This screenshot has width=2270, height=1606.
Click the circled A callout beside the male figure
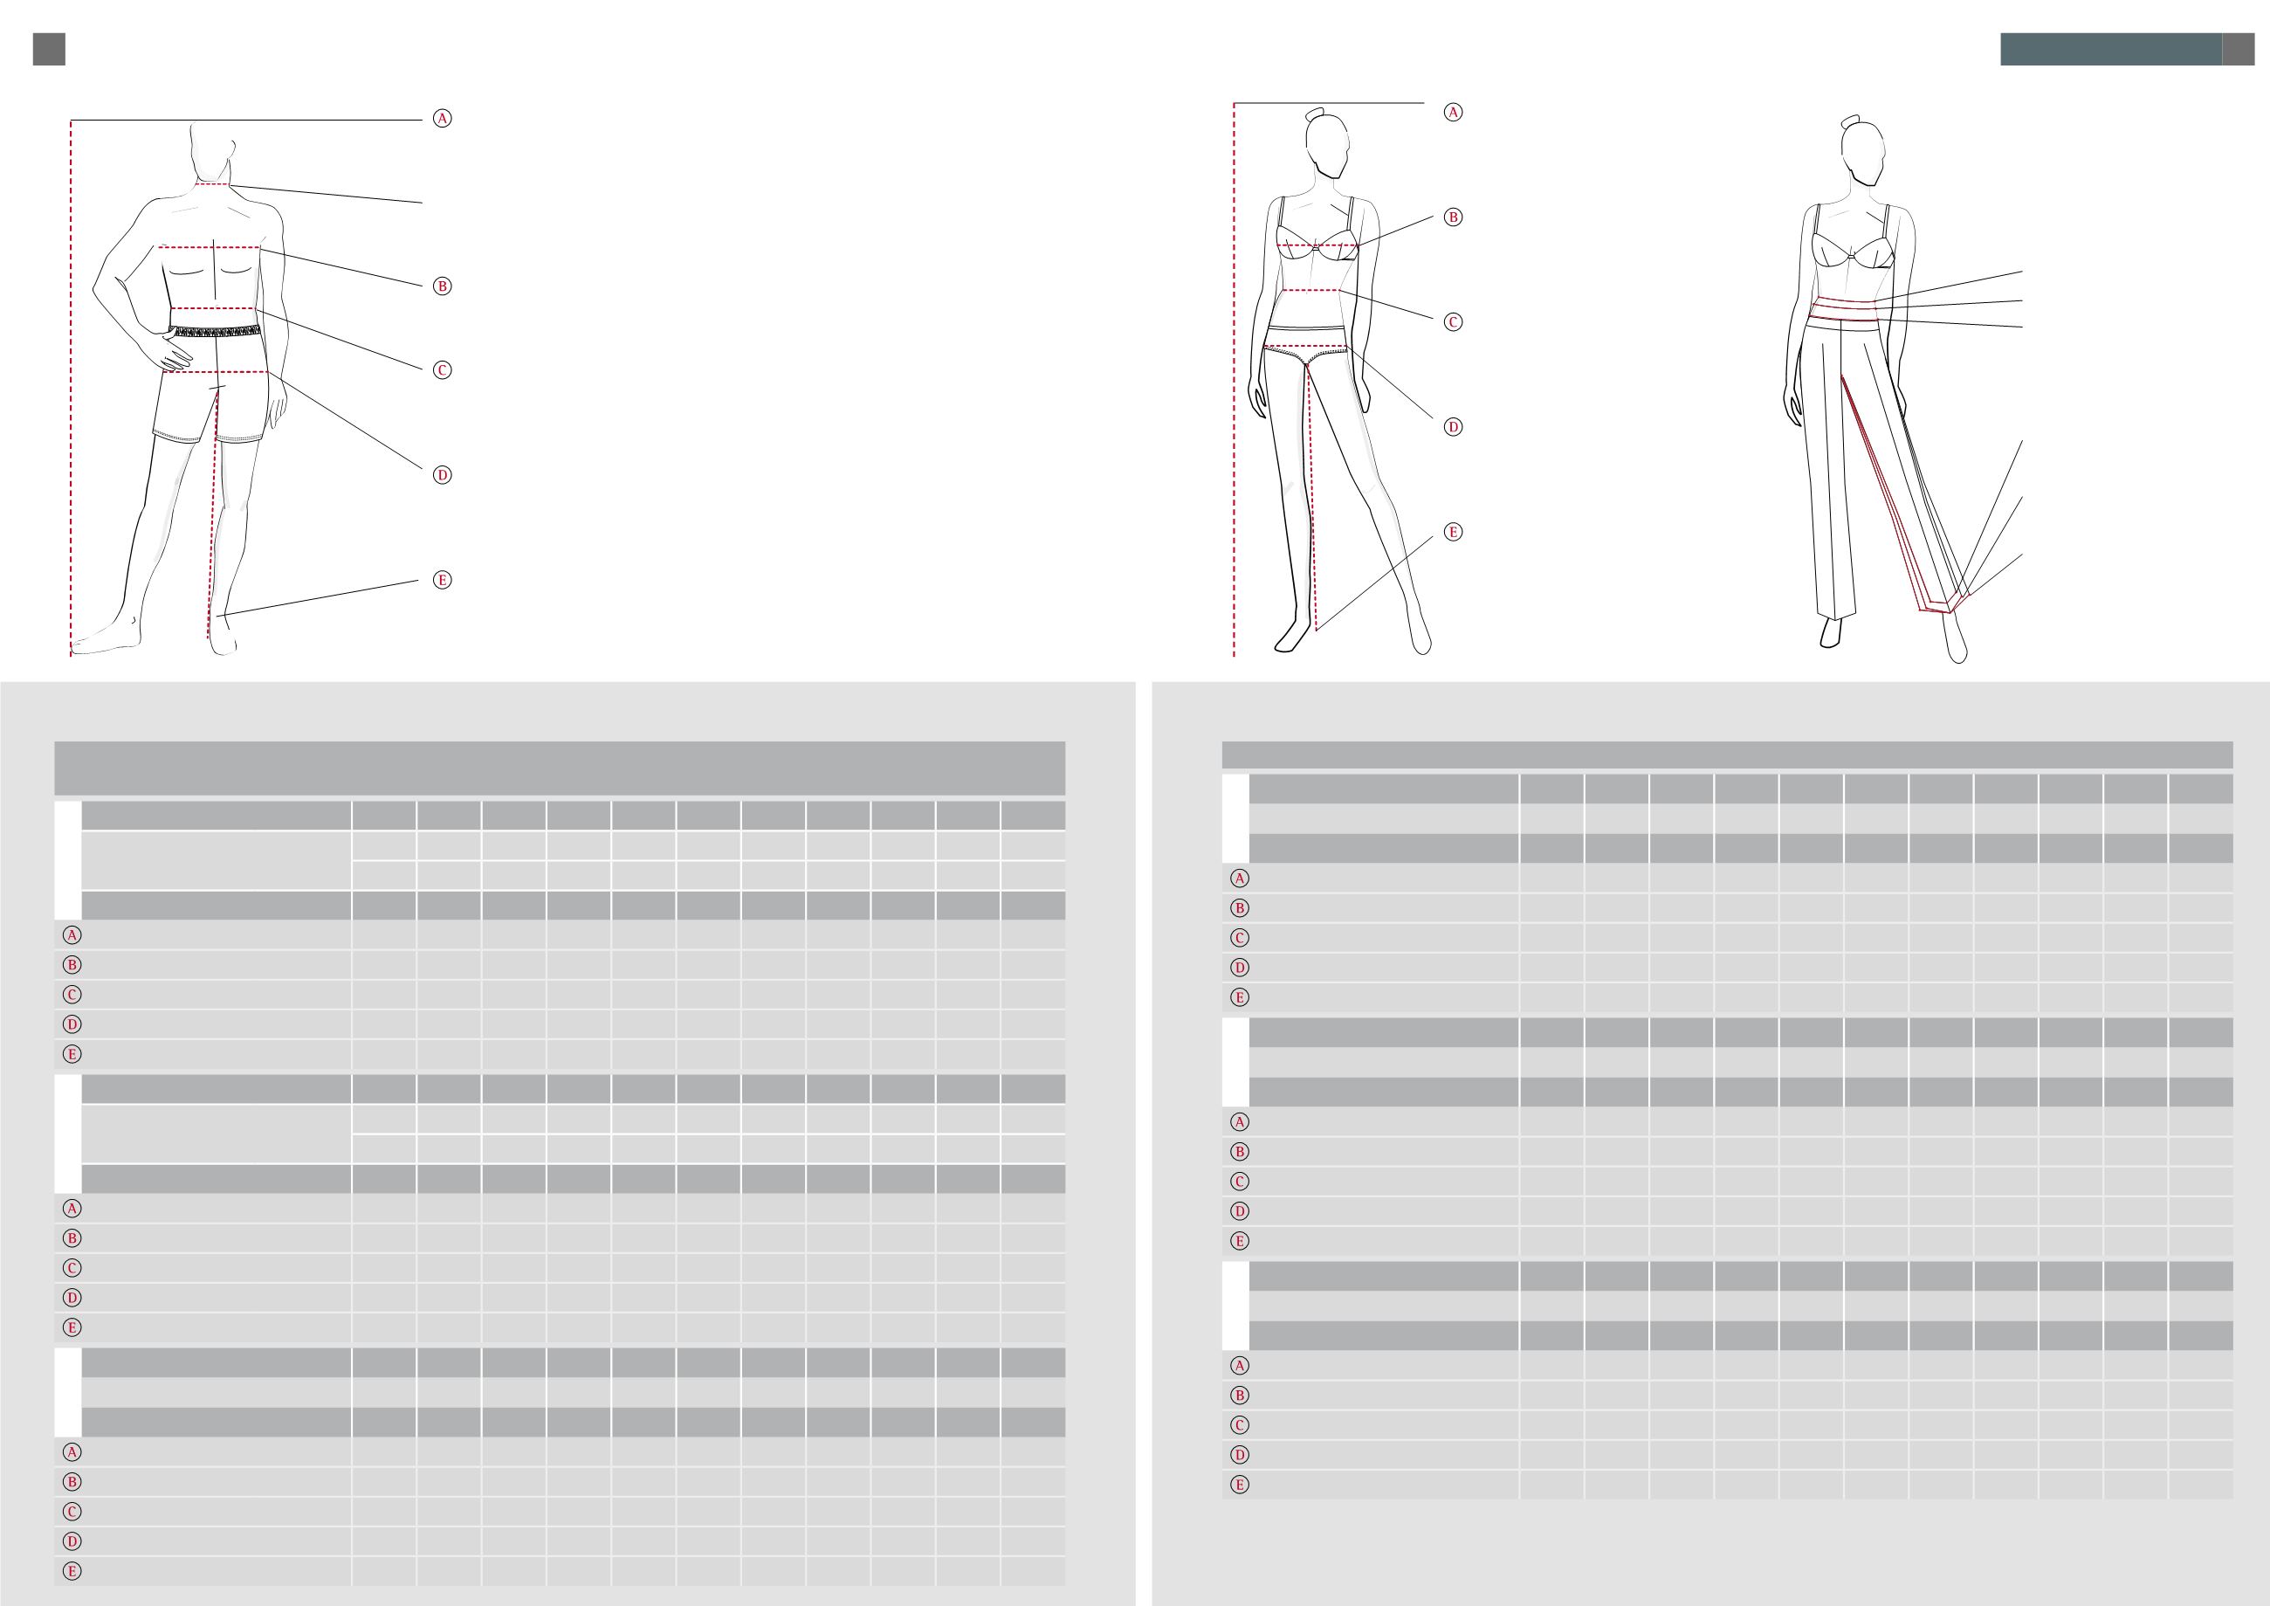click(443, 119)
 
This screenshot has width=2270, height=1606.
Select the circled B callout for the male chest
click(443, 286)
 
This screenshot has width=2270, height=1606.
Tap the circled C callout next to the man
click(443, 371)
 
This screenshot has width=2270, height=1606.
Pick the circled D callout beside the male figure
click(443, 476)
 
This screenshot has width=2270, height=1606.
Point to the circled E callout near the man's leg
click(443, 581)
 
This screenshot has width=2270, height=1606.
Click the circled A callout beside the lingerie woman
click(1453, 112)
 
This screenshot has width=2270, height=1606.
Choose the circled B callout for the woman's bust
click(1453, 217)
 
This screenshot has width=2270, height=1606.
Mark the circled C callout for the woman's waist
click(1453, 322)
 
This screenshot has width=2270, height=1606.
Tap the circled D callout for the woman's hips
click(1453, 427)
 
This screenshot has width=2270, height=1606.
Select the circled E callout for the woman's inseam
click(1453, 532)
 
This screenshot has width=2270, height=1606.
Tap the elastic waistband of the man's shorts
click(216, 330)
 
